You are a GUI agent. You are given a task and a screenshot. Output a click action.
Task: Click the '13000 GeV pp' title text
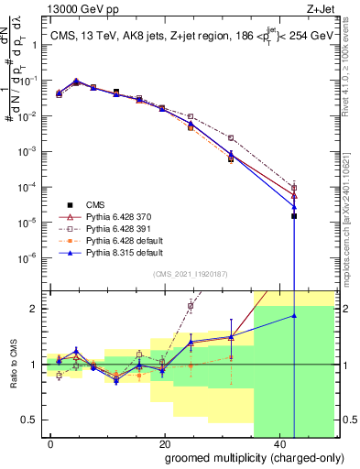pyautogui.click(x=75, y=10)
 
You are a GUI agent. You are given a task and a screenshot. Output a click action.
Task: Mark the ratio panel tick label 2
pyautogui.click(x=35, y=309)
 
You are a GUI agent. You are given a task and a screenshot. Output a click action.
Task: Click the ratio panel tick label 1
pyautogui.click(x=35, y=365)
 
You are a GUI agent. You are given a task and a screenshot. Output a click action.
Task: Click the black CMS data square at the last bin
pyautogui.click(x=294, y=216)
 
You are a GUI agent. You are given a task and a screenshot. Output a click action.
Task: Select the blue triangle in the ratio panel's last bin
pyautogui.click(x=294, y=316)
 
